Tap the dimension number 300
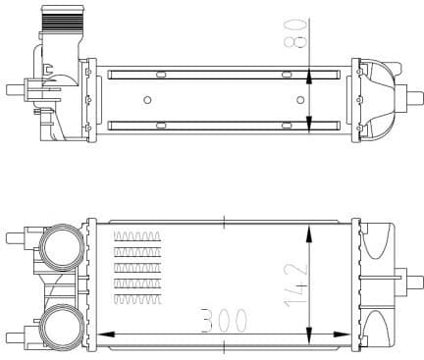[224, 319]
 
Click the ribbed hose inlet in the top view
[53, 19]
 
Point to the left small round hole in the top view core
[147, 99]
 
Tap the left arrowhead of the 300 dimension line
[105, 334]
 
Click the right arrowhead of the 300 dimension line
[345, 334]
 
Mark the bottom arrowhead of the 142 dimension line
[310, 332]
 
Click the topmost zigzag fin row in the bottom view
[137, 235]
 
